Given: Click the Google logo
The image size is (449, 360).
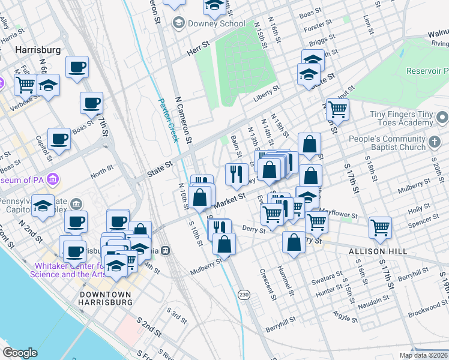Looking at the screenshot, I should [x=20, y=352].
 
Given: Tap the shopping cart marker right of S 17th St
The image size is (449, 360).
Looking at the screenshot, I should [x=381, y=227].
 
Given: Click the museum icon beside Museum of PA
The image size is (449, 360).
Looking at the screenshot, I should [x=53, y=179].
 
